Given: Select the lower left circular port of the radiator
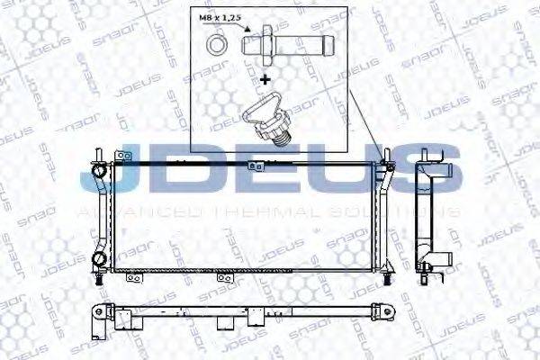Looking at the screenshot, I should click(x=99, y=261).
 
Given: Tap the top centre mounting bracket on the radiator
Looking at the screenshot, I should click(x=259, y=166).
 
